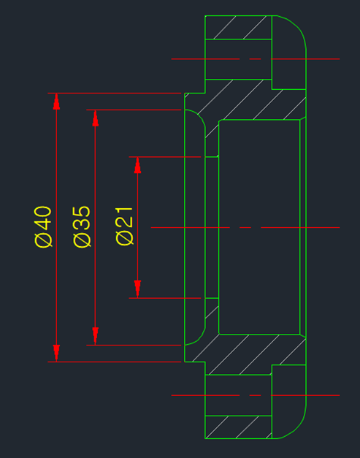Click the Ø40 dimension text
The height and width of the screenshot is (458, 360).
(43, 227)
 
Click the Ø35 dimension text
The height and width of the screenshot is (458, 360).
(82, 227)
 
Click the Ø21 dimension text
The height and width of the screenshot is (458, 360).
(125, 226)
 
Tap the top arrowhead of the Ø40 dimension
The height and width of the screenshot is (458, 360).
(56, 102)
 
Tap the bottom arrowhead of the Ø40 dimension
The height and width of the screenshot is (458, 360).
(56, 354)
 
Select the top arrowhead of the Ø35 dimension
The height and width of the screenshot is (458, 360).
(95, 118)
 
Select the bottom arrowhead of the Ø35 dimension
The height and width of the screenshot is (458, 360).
(95, 336)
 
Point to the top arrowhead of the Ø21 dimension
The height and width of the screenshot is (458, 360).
(137, 165)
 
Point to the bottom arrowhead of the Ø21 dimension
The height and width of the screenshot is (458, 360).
(137, 289)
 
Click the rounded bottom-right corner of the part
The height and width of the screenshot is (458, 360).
(298, 426)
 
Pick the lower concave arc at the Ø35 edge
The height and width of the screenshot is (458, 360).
(199, 339)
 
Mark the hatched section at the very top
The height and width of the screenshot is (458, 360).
(239, 27)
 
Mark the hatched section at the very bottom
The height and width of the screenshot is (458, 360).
(239, 427)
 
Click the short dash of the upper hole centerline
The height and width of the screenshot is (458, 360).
(255, 59)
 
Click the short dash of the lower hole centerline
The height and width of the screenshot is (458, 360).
(255, 395)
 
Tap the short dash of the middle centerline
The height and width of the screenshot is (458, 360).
(245, 227)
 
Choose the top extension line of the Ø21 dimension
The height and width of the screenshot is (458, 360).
(165, 157)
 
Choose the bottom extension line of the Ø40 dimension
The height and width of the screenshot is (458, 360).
(115, 362)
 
